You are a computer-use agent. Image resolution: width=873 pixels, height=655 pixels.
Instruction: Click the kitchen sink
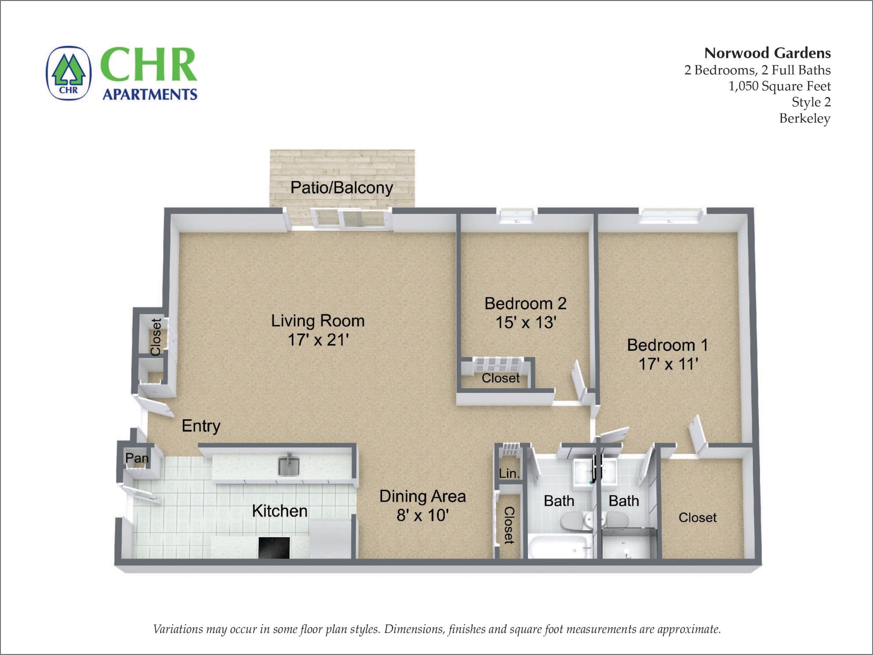click(x=289, y=466)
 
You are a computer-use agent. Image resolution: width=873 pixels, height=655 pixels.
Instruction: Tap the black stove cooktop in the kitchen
click(x=274, y=548)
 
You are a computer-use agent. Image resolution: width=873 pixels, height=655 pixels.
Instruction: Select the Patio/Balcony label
click(x=341, y=188)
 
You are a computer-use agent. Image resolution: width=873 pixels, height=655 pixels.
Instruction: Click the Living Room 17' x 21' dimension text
click(x=318, y=340)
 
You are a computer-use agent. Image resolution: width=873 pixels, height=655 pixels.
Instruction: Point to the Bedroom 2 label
click(x=525, y=303)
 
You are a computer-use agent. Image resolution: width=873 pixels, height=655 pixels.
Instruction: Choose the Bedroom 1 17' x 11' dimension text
click(x=668, y=364)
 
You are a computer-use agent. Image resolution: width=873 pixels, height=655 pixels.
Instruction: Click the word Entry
click(x=201, y=426)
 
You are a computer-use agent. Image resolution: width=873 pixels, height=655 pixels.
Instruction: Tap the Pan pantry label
click(x=137, y=458)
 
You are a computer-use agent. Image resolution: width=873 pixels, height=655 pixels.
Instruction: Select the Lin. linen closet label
click(x=509, y=473)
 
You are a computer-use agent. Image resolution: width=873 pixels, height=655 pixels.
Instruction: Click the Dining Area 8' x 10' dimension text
click(x=422, y=515)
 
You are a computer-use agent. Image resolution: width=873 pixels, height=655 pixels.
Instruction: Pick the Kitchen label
click(x=280, y=511)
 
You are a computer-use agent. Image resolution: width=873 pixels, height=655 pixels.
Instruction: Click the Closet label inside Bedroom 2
click(x=500, y=378)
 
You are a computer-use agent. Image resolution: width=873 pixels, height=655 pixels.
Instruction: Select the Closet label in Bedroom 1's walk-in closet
click(x=697, y=517)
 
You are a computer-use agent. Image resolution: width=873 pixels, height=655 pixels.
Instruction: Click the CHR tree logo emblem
click(x=69, y=73)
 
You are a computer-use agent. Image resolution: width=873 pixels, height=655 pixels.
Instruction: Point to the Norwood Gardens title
click(x=767, y=53)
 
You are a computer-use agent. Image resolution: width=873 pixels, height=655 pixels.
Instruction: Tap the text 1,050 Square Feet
click(x=779, y=86)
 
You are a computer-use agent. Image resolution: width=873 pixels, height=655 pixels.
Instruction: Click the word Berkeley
click(x=804, y=118)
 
